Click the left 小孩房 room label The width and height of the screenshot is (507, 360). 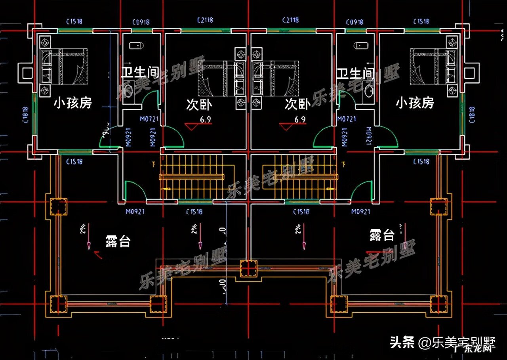click(x=73, y=103)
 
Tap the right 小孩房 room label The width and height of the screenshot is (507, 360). click(x=415, y=103)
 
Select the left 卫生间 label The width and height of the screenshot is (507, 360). click(x=140, y=73)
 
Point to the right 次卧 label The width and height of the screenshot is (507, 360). click(x=297, y=104)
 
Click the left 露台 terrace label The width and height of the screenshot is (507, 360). click(x=118, y=241)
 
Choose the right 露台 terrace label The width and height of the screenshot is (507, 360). click(x=382, y=235)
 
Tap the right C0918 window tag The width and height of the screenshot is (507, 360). click(x=354, y=22)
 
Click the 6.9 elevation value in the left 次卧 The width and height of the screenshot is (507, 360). click(x=205, y=119)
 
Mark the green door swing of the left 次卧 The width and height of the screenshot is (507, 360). click(x=174, y=137)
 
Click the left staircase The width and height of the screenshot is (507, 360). click(x=192, y=176)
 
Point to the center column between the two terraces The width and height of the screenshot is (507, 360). click(x=249, y=268)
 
